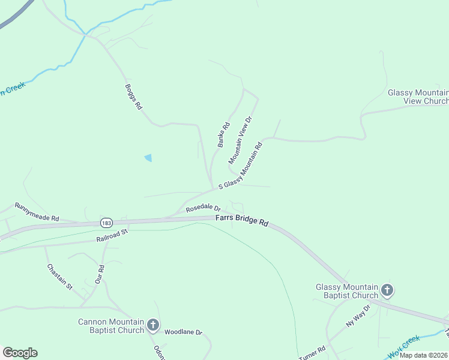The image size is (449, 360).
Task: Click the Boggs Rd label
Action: [x=133, y=96]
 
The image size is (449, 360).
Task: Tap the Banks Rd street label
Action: [x=224, y=135]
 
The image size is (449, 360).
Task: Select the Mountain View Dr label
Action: [x=240, y=140]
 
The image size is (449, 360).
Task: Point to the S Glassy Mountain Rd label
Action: [x=241, y=166]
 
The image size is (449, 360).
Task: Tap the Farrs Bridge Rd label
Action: [x=242, y=221]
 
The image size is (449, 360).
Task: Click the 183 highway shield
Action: [x=107, y=223]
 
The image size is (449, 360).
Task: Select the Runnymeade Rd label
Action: [x=37, y=211]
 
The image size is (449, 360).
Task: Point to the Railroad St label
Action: [x=112, y=235]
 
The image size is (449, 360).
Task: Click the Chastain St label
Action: [x=59, y=276]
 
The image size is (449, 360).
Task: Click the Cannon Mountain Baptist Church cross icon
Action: [x=153, y=326]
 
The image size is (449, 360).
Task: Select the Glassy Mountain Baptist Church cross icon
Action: [x=387, y=291]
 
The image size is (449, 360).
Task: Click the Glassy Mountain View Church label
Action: [x=418, y=97]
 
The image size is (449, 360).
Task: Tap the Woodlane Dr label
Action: [x=184, y=332]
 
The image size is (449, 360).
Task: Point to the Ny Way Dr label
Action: [x=360, y=315]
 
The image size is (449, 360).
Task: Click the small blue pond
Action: [x=148, y=158]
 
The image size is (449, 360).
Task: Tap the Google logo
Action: [x=20, y=353]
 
